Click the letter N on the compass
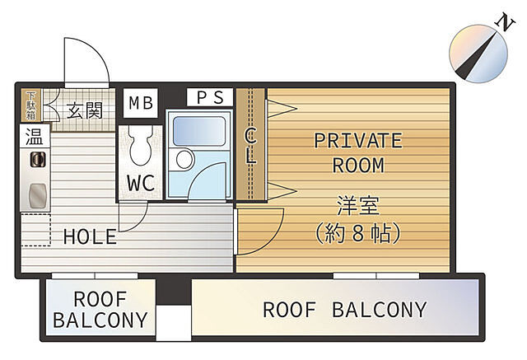click(x=505, y=22)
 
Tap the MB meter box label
click(x=141, y=103)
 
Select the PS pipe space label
click(x=210, y=97)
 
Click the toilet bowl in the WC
click(x=141, y=145)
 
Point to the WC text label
click(x=141, y=183)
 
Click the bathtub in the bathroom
click(x=199, y=131)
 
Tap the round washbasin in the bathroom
click(x=184, y=159)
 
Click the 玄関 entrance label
click(x=84, y=110)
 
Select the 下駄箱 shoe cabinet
click(x=31, y=105)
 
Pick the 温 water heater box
click(x=35, y=136)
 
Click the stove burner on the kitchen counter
click(x=38, y=159)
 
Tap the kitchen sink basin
click(x=37, y=195)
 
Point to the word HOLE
click(x=90, y=236)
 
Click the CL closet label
click(x=250, y=146)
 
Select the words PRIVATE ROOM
click(x=358, y=153)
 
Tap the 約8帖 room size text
click(x=358, y=233)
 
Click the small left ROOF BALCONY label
click(x=100, y=310)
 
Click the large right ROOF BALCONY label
click(x=345, y=310)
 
